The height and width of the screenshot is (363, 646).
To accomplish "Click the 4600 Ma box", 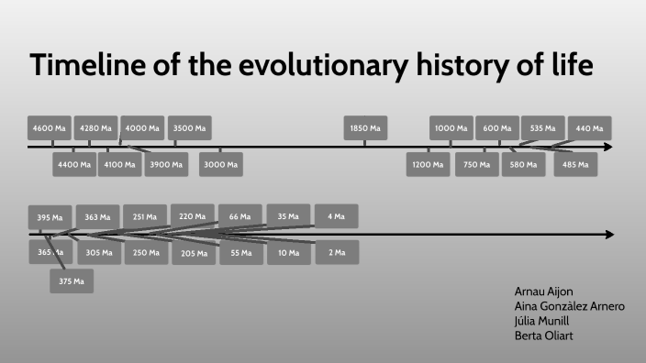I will point(50,128).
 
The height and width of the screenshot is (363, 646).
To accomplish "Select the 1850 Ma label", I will point(365,128).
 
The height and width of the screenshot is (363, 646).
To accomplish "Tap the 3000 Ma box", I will point(221,165).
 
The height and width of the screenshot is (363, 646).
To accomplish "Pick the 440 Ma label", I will point(589,128).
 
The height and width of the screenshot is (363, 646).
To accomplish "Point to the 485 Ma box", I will point(576,165).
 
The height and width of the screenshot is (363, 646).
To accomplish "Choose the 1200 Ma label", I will point(428,165).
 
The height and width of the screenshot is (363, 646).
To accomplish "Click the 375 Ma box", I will point(72,281).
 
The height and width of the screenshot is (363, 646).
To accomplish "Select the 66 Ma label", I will point(240,216).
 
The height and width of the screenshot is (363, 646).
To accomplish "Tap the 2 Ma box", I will point(337,252).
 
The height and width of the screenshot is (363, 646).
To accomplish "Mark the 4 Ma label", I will point(336,216).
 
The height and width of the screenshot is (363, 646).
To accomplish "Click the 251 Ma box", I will point(145,217).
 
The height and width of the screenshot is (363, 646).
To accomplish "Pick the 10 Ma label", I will point(289,252).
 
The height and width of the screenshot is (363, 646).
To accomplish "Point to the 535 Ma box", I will point(542,128).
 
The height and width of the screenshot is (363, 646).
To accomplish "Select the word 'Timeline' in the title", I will point(84,66).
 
